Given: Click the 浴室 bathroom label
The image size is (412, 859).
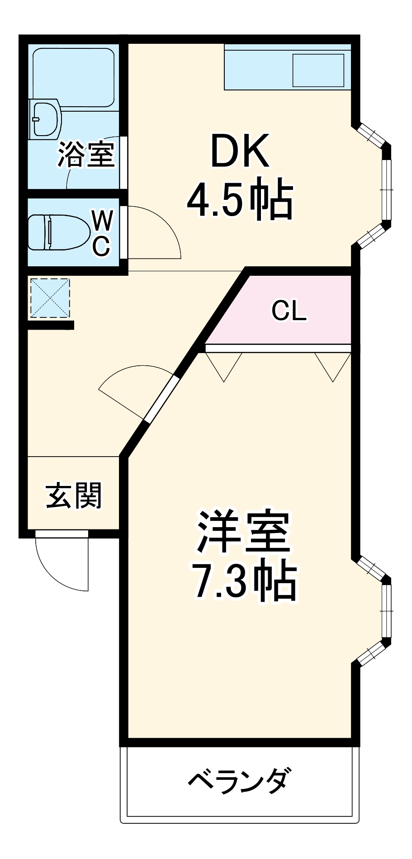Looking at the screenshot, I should (x=85, y=154).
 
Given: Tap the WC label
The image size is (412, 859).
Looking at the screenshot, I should (x=102, y=234).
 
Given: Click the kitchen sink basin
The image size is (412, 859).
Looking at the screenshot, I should (x=318, y=70).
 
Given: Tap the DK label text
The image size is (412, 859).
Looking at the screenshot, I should (x=240, y=152).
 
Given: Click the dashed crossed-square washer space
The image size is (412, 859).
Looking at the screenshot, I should (x=50, y=298).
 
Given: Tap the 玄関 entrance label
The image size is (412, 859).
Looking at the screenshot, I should (x=74, y=496).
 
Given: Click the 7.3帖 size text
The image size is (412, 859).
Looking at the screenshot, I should (x=245, y=582).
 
